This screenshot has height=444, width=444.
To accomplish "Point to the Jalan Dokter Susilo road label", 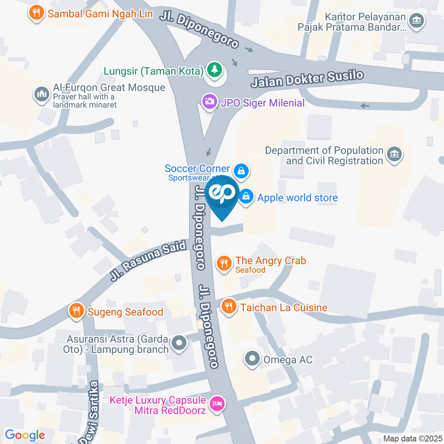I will (307, 79).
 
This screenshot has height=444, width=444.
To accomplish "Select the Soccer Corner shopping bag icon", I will (241, 171).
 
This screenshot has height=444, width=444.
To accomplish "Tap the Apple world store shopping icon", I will (247, 197).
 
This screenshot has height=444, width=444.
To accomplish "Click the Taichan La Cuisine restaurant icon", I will (228, 306).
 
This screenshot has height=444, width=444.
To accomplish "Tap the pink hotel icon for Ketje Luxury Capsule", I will (216, 404).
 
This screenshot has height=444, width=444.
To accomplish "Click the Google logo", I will (25, 435).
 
